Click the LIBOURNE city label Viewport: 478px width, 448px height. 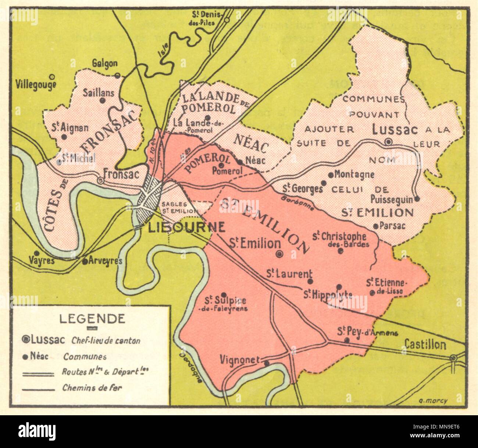click(186, 227)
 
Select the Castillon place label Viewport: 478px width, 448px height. click(425, 345)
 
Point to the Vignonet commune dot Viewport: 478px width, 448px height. click(267, 363)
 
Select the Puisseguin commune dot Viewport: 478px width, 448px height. click(417, 199)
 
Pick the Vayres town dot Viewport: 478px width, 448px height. click(36, 253)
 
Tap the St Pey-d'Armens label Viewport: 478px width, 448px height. click(368, 332)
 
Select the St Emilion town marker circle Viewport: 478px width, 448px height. click(279, 254)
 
